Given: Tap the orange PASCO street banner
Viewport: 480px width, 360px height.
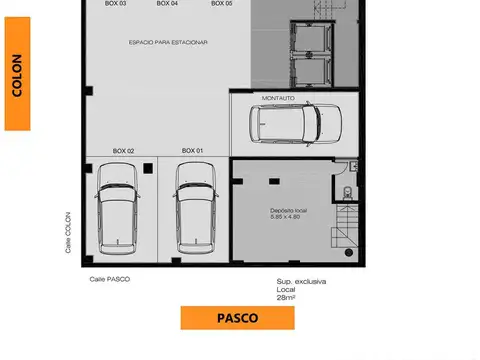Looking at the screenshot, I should coord(237,318).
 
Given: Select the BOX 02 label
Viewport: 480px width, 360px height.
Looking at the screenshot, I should coord(123,151).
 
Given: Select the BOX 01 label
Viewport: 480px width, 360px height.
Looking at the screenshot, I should coord(192,151).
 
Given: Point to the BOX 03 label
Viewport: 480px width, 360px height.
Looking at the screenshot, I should coord(115,4).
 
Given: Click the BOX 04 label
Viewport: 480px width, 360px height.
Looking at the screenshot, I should coord(168,4).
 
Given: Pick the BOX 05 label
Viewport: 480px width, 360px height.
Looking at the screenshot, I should coord(222,4).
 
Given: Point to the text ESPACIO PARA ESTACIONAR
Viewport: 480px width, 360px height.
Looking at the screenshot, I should coord(168,41).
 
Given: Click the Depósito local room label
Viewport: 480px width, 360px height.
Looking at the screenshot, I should coord(288,210).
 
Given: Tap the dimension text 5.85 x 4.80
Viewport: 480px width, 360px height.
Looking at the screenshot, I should coord(288,218).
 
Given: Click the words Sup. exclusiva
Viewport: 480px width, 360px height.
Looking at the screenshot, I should coord(301,282).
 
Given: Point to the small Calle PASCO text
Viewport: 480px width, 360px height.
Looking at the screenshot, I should coord(110,279).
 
